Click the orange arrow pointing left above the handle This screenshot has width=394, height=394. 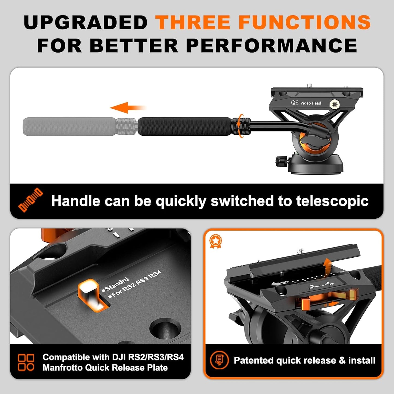point(127,108)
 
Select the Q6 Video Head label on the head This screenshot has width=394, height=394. point(306,103)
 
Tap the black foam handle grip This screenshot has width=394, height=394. point(184,126)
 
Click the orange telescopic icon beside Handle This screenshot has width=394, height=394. point(30,200)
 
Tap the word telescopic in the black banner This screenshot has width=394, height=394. point(332,201)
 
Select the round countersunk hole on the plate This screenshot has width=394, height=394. point(166,328)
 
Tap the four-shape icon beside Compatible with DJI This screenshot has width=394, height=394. point(26,362)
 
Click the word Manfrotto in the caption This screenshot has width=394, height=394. point(62,368)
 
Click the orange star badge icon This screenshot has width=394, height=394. point(215,241)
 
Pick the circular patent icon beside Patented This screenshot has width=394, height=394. point(219,360)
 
